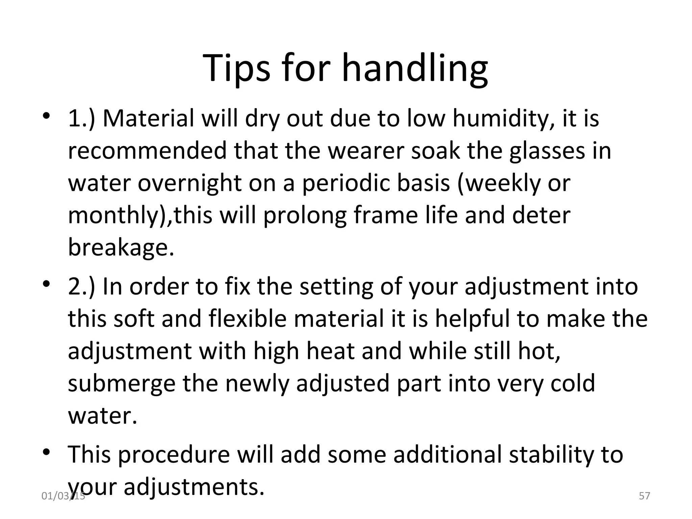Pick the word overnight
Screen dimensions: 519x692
(x=190, y=183)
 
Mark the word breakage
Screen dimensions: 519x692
(x=121, y=247)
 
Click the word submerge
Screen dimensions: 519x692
(x=122, y=384)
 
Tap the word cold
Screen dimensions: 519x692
(x=572, y=384)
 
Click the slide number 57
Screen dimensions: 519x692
(x=645, y=496)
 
